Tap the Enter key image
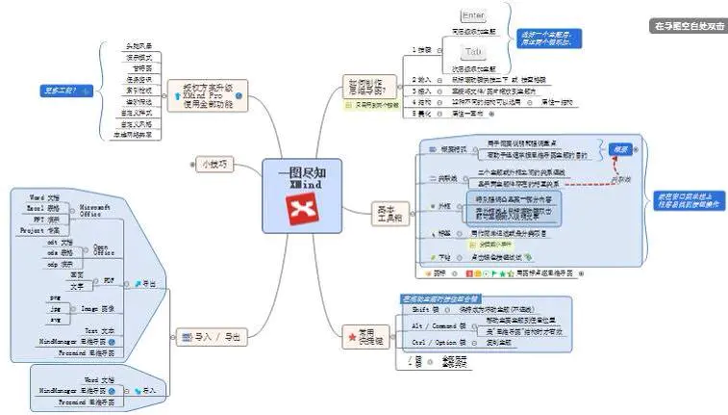(x=474, y=16)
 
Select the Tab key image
(x=473, y=51)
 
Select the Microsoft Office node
(x=95, y=211)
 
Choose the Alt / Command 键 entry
(x=428, y=326)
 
